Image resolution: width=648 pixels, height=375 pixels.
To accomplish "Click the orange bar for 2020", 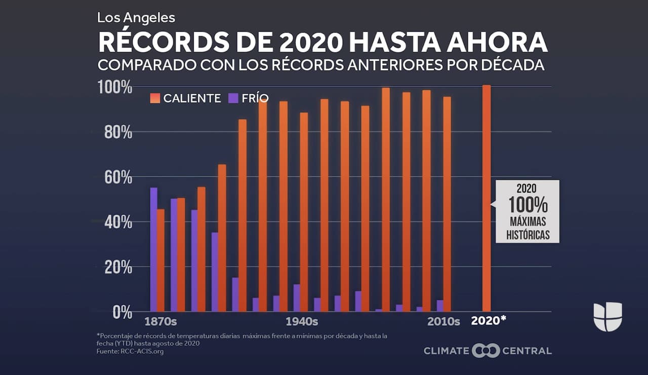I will (487, 198).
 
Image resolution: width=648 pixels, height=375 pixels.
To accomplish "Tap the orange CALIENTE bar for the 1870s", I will (160, 260).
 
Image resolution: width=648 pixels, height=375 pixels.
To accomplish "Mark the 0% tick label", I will (121, 312).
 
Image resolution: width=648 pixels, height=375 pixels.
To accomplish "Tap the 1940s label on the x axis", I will (302, 322).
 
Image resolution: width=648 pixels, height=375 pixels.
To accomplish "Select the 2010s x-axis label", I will (443, 322).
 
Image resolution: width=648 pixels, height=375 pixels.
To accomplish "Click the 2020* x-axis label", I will (489, 321).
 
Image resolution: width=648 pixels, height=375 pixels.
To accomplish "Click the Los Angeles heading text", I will (136, 17).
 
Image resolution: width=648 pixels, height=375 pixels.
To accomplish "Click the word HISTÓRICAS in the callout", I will (528, 235).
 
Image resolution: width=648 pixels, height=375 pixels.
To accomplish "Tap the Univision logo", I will (607, 316).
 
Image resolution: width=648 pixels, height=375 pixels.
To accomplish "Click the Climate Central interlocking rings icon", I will (485, 351).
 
